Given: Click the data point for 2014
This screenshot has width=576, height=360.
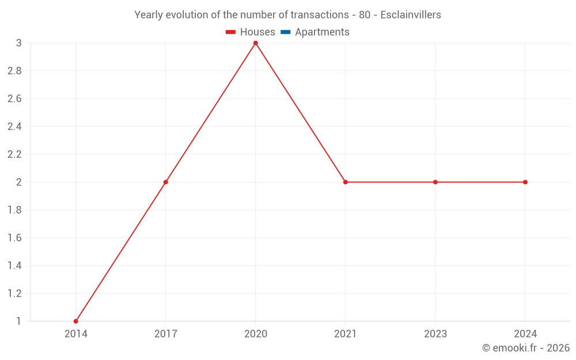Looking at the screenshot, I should pos(76,321).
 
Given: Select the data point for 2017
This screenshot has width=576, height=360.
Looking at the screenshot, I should pos(166,182).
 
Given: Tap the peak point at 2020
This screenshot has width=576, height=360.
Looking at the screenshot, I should pos(256,43).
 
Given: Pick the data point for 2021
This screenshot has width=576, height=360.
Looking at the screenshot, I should pos(346,182).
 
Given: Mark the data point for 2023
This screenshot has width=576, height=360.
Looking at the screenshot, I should pos(435,182).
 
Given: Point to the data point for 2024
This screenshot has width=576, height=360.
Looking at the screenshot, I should pos(525,182).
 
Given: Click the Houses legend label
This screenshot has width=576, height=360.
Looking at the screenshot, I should pos(257,32).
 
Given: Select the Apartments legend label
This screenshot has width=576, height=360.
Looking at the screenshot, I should pos(322,32).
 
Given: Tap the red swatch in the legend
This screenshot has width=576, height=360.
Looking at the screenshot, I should pos(231,32).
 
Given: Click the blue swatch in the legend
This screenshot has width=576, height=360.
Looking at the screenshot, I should pos(285,32).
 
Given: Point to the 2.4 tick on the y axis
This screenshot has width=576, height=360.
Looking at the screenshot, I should pos(14,126).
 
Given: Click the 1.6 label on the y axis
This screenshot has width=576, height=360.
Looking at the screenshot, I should pos(14,238).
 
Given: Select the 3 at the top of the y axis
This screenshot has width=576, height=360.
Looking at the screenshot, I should pos(18,43).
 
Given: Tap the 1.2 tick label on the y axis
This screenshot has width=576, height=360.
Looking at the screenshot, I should pos(14,293).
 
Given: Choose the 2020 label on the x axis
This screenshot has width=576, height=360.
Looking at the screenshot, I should pos(256,334).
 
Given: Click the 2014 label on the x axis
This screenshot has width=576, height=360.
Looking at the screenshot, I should pos(76,334).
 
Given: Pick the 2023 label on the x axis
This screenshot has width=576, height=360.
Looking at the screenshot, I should pos(435,334).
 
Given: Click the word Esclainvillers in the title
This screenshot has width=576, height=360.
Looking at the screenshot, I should pos(411,15).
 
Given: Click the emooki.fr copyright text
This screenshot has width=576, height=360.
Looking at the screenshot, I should pos(526,348).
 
